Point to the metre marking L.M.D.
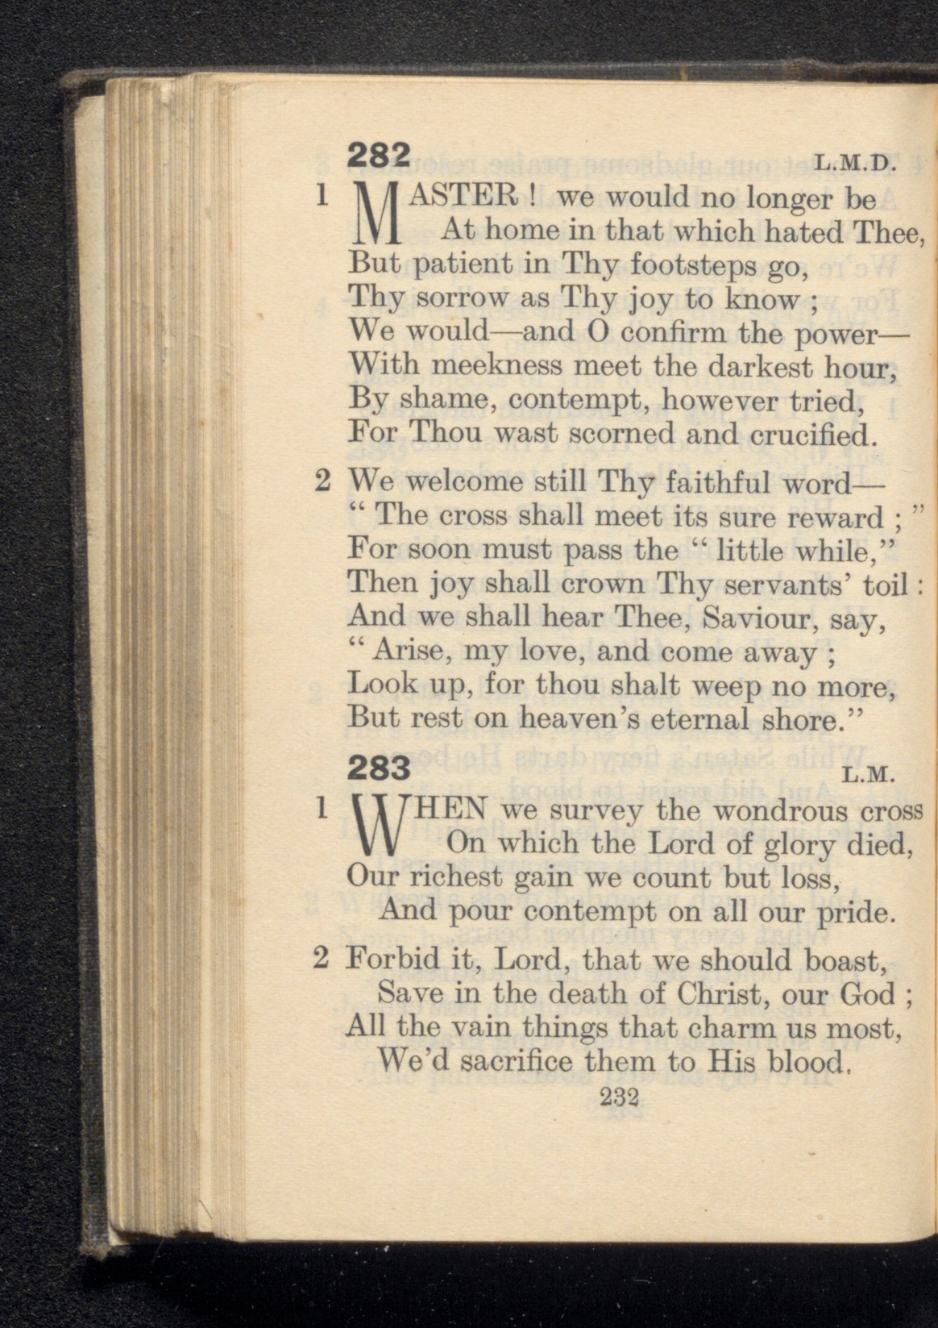[x=856, y=164]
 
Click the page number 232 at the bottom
[x=619, y=1097]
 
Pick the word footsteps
[x=696, y=264]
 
